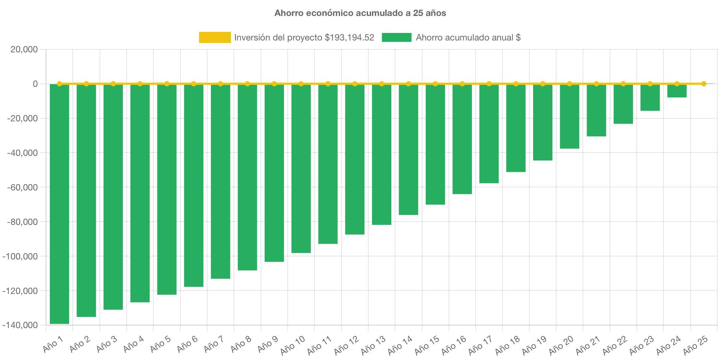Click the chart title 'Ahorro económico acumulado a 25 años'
[360, 13]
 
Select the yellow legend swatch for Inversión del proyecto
[215, 37]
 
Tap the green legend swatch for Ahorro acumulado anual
[397, 37]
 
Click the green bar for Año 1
[59, 204]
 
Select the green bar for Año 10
[301, 169]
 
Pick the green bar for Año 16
[462, 139]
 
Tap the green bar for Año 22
[623, 104]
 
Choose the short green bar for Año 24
[677, 91]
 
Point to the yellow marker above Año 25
[704, 84]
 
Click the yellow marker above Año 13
[382, 84]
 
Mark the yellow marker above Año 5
[167, 84]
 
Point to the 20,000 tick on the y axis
[24, 49]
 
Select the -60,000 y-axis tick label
[22, 187]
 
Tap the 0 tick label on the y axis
[35, 84]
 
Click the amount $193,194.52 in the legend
[349, 37]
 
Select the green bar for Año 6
[193, 186]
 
